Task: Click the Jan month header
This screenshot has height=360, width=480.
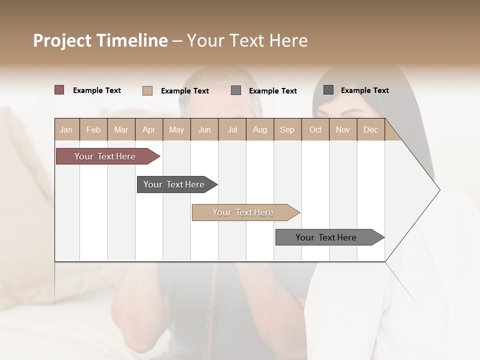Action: click(x=66, y=129)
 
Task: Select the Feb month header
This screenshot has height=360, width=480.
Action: click(x=93, y=129)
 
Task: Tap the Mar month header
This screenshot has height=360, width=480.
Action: click(x=121, y=129)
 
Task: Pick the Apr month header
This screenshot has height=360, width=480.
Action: click(x=149, y=129)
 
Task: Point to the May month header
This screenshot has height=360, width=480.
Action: click(x=176, y=129)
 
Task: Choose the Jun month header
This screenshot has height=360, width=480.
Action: click(x=204, y=129)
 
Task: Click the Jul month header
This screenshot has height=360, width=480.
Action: click(x=232, y=129)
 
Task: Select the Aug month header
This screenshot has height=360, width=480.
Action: click(x=260, y=129)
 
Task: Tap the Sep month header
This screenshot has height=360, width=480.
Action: click(x=287, y=129)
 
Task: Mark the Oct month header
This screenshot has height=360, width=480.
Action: click(x=315, y=129)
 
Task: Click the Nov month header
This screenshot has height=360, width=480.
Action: click(x=343, y=129)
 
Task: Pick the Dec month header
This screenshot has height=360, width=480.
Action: click(x=371, y=129)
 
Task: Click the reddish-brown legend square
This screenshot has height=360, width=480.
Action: click(x=59, y=90)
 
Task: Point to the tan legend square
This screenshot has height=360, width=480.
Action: click(x=147, y=90)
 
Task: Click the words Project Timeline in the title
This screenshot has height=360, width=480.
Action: click(x=100, y=40)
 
